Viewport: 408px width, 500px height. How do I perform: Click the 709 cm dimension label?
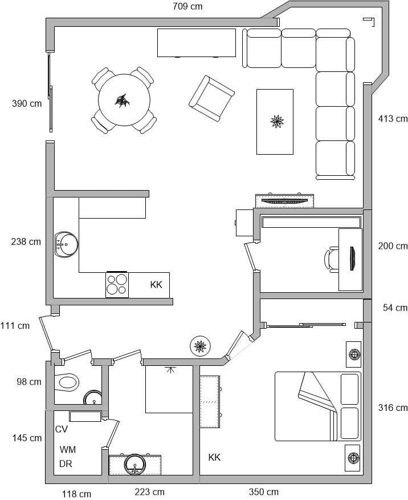(x=187, y=6)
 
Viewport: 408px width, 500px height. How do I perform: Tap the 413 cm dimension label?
(x=393, y=119)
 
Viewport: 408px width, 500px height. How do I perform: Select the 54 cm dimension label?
(x=395, y=308)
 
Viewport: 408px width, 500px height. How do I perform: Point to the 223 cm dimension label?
(x=149, y=491)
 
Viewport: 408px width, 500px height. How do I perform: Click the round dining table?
(x=124, y=100)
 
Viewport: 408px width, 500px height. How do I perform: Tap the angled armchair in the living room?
(x=211, y=98)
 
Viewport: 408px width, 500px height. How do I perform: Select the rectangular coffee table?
(x=275, y=122)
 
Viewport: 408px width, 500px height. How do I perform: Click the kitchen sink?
(x=66, y=244)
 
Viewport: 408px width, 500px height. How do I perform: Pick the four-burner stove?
(x=117, y=284)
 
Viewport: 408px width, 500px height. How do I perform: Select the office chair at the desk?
(x=332, y=259)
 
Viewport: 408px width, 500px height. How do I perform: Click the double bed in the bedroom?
(x=318, y=406)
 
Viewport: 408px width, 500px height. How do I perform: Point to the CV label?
(x=62, y=429)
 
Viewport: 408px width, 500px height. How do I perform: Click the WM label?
(x=68, y=450)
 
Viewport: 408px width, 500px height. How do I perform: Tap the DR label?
(x=66, y=463)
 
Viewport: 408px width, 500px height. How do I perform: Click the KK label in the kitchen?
(x=156, y=284)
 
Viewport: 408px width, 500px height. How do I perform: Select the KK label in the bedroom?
(x=214, y=457)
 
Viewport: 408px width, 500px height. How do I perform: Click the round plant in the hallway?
(x=200, y=346)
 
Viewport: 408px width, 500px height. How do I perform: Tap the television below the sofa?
(x=284, y=201)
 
